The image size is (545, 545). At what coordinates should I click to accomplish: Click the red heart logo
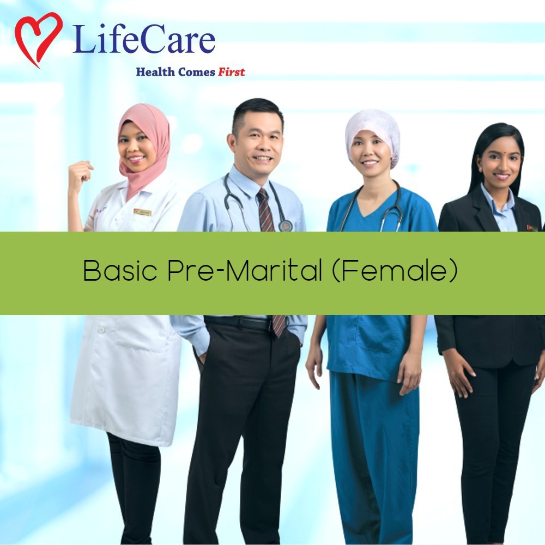[x=38, y=39]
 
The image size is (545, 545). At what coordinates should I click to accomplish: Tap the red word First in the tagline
[x=232, y=72]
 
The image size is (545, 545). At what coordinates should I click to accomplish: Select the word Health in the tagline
[x=155, y=72]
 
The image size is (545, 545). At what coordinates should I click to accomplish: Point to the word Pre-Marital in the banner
[x=245, y=270]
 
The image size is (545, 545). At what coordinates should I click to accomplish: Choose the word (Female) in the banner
[x=395, y=270]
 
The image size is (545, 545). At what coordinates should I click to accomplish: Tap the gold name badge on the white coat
[x=142, y=211]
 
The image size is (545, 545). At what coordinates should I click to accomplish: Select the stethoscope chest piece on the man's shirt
[x=285, y=225]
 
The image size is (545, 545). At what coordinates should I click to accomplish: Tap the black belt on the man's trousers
[x=239, y=323]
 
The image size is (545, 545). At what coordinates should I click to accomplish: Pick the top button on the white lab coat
[x=101, y=330]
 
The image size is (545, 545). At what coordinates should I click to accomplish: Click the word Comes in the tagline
[x=196, y=72]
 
